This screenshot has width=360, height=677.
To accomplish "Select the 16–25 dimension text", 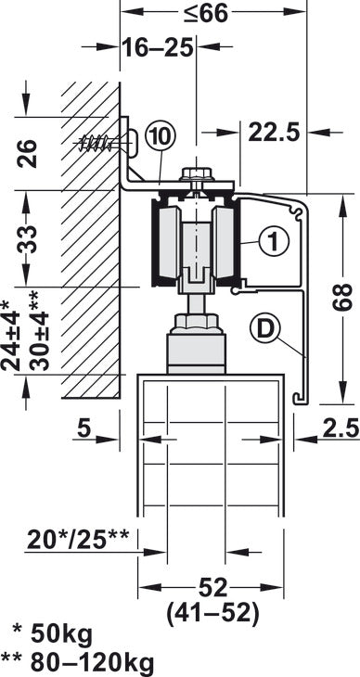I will pyautogui.click(x=160, y=47).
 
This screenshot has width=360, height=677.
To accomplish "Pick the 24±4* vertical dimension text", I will pyautogui.click(x=10, y=334).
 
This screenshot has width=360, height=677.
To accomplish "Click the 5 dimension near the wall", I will pyautogui.click(x=85, y=429).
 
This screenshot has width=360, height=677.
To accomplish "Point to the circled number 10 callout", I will pyautogui.click(x=160, y=136).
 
